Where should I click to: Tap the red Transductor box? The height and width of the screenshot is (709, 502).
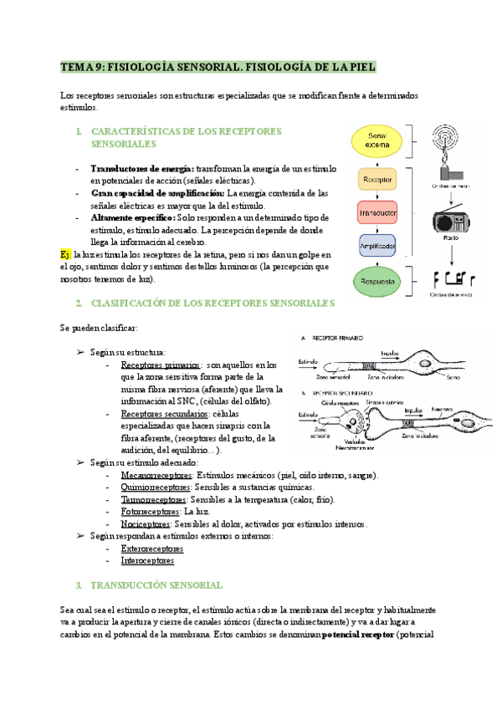tap(376, 212)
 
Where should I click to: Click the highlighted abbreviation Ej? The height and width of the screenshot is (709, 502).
tap(66, 254)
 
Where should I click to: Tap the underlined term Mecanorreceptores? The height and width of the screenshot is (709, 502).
tap(153, 476)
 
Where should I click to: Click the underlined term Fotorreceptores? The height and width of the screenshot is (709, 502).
tap(150, 512)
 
